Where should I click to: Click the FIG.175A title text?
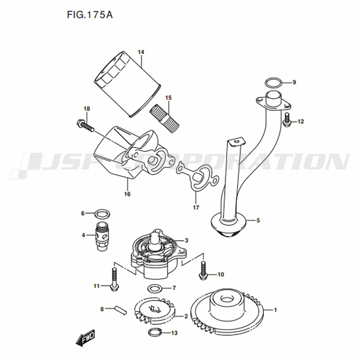point(90,15)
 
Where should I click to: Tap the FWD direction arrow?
point(85,338)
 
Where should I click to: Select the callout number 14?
point(141,52)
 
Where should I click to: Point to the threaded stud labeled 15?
point(165,118)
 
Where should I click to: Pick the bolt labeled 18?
point(85,126)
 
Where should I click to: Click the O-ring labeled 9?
point(274,83)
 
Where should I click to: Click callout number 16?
point(127,194)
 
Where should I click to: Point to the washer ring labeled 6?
point(102,214)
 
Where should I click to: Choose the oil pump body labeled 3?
point(158,254)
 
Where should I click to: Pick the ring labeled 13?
point(155,332)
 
